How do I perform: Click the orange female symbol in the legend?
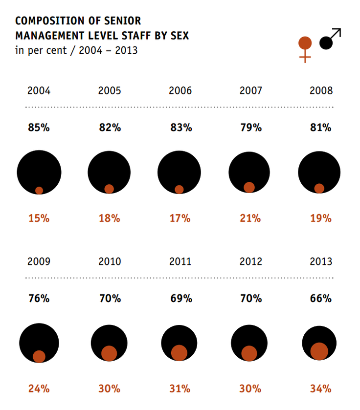[305, 48]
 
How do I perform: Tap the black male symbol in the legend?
[329, 40]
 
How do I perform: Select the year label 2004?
[39, 91]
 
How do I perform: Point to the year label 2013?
[321, 261]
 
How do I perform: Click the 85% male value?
[39, 128]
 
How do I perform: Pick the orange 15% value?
[39, 218]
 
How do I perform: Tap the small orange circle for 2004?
[39, 191]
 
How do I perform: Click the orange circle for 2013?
[319, 351]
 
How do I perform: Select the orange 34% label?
[321, 389]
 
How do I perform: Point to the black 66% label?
[321, 298]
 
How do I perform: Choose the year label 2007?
[251, 91]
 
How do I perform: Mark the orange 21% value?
[250, 218]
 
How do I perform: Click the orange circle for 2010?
[109, 353]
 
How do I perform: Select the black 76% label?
[39, 298]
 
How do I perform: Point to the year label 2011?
[180, 261]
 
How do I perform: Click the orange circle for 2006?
[179, 190]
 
